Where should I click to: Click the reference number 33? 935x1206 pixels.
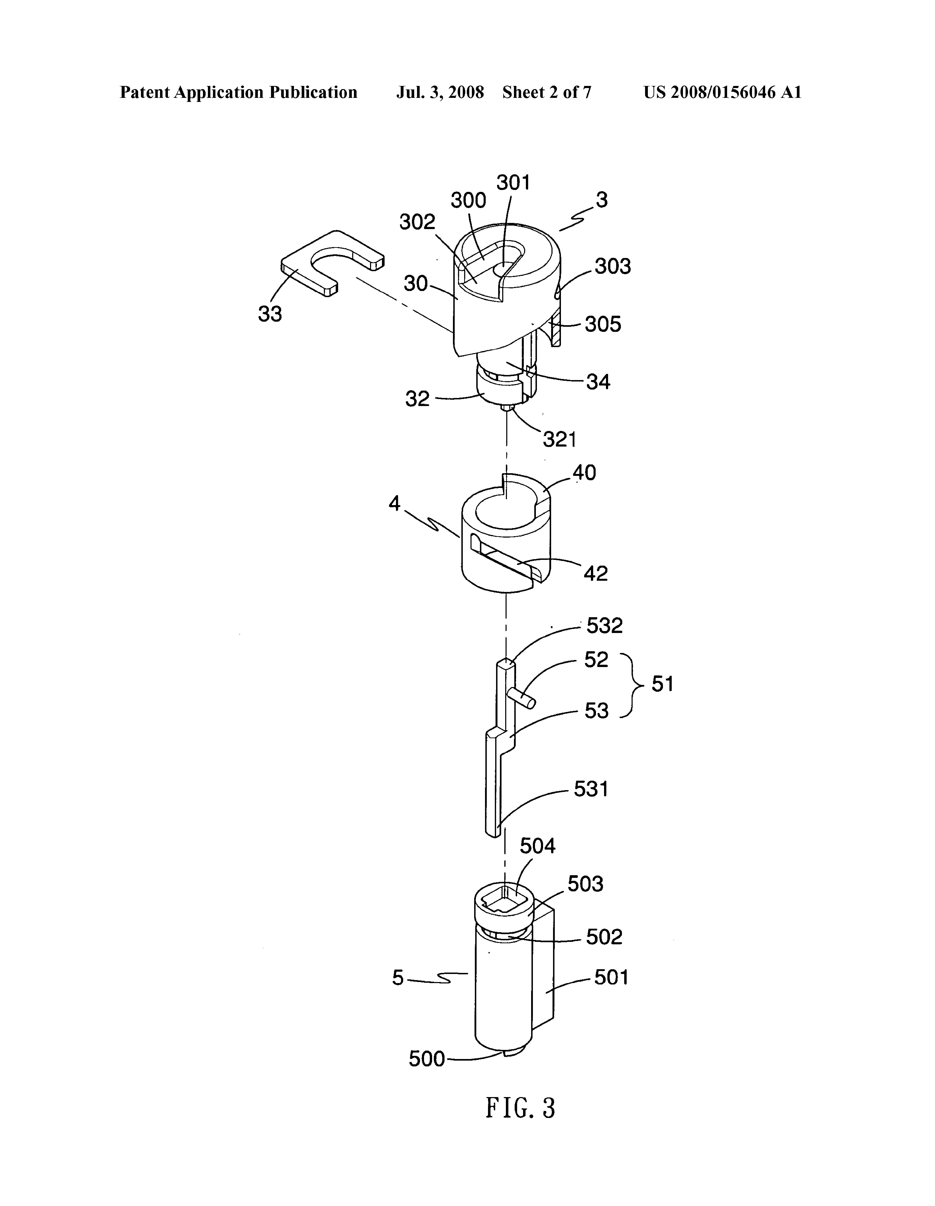pos(270,314)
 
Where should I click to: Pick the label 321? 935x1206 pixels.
pos(560,440)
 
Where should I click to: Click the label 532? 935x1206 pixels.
pos(604,626)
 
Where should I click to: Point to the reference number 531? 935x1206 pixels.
pos(591,789)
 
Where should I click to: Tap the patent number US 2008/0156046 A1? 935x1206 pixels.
pos(722,92)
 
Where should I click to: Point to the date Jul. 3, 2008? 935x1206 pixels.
pos(440,92)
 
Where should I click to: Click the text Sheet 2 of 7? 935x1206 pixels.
pos(546,92)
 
